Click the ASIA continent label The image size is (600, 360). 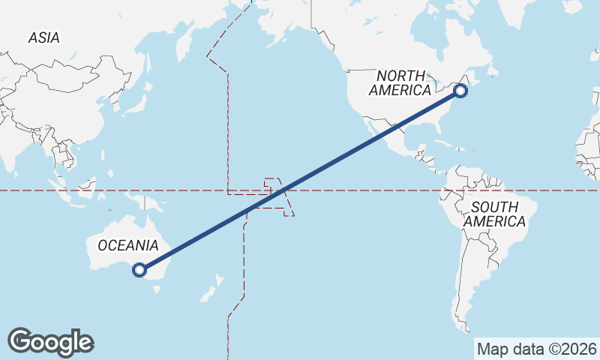(43, 37)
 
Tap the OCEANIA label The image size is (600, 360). (128, 245)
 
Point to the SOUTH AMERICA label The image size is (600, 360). (494, 214)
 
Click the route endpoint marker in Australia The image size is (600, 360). (139, 270)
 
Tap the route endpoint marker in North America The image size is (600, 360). (460, 91)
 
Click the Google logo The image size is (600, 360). (50, 342)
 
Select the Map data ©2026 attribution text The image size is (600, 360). (537, 349)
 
